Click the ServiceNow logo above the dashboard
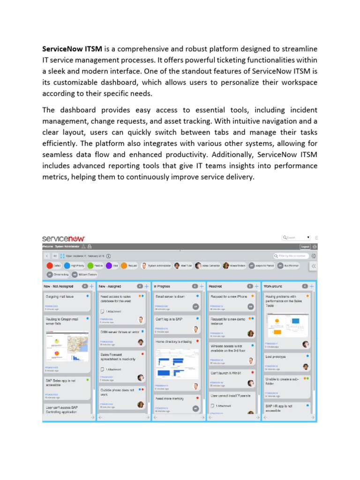pos(63,238)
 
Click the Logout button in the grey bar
pos(305,247)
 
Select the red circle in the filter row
pos(50,265)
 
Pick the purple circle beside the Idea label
pos(109,265)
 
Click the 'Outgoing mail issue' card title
pos(60,297)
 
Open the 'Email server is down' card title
pos(170,297)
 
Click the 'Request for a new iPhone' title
pos(229,297)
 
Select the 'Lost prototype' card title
pos(276,357)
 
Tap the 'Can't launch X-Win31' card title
pos(225,373)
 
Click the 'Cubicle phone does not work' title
pos(117,392)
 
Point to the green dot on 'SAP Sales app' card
pos(88,380)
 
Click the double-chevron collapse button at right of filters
pos(314,266)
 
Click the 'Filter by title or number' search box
pos(292,256)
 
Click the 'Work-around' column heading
pos(274,285)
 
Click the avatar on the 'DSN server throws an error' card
pos(141,342)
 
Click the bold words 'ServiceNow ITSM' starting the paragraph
pos(72,49)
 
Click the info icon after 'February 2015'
pos(109,256)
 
